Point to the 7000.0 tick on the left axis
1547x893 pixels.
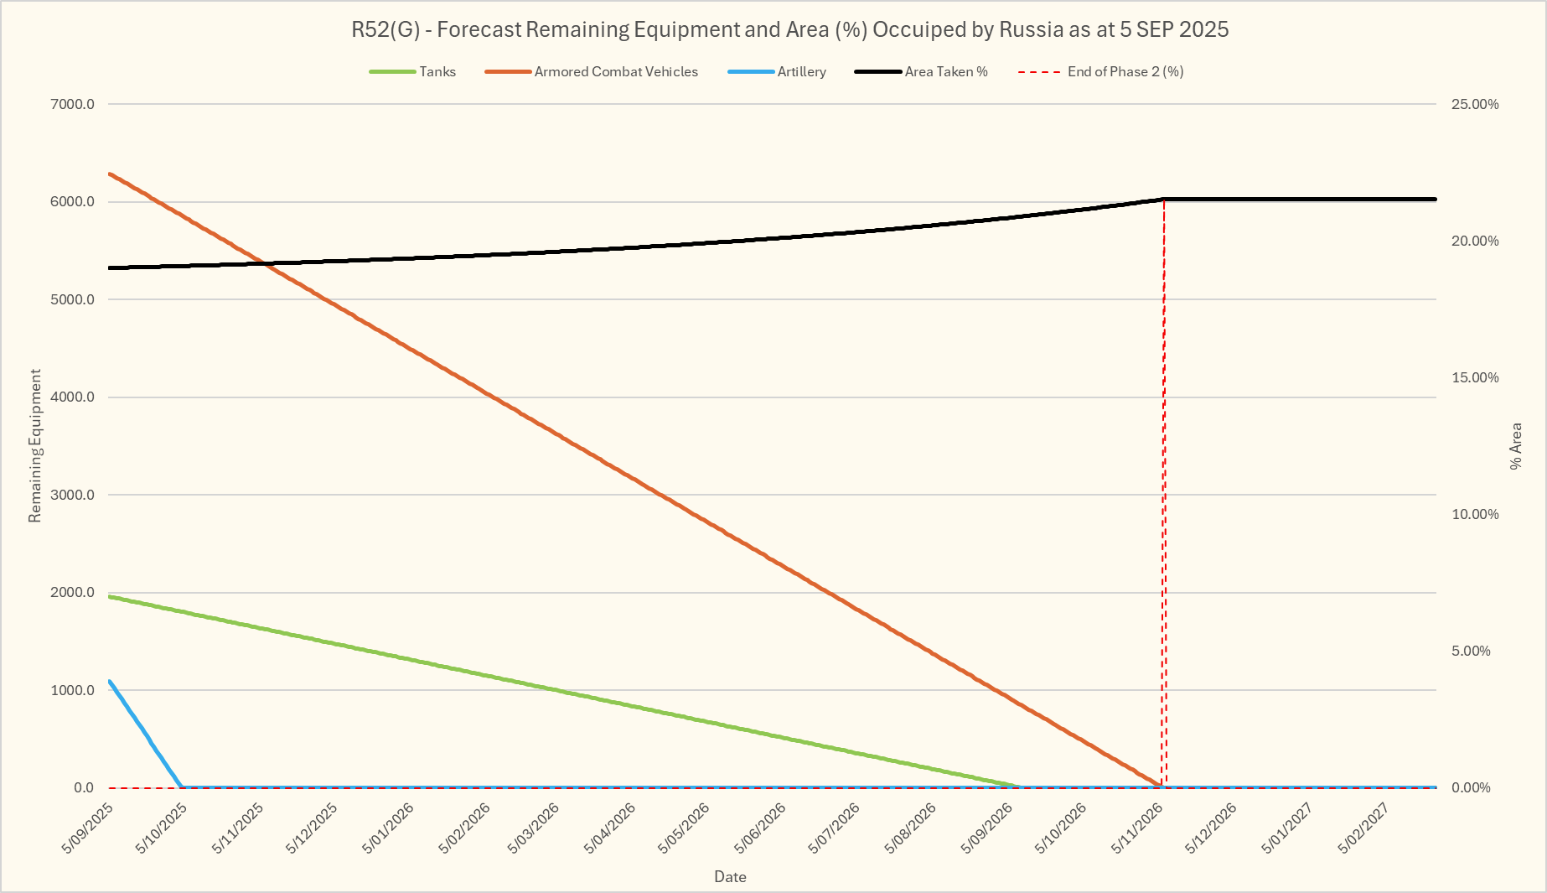coord(73,104)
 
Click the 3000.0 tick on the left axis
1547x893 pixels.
coord(73,495)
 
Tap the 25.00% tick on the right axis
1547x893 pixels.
coord(1475,104)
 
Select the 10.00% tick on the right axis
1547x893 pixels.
coord(1475,514)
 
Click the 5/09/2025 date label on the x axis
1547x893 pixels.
coord(88,828)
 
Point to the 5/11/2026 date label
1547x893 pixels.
coord(1136,828)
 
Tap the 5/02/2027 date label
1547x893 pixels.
coord(1363,828)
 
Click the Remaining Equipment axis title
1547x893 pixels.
coord(34,446)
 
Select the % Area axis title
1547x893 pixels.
coord(1515,446)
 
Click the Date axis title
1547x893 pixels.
coord(730,877)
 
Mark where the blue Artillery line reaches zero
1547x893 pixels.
coord(182,787)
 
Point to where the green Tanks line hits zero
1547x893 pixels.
coord(1019,787)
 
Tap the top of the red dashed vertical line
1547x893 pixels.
coord(1164,200)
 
